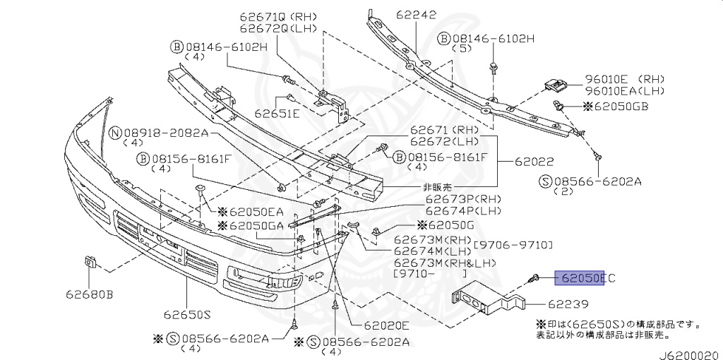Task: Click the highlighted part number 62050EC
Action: click(585, 278)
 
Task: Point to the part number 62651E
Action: click(277, 113)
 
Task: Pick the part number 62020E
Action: click(386, 325)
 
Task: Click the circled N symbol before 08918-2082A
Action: click(115, 133)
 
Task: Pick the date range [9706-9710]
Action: click(513, 245)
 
